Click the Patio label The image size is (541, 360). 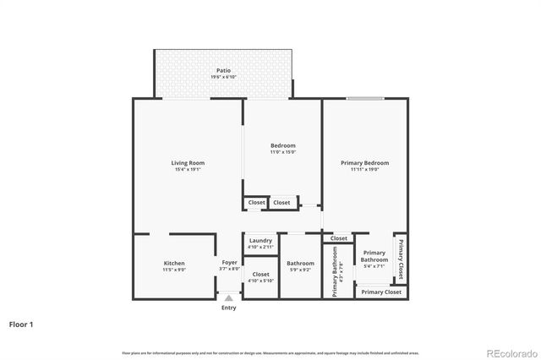pyautogui.click(x=223, y=70)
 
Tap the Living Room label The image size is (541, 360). pyautogui.click(x=188, y=163)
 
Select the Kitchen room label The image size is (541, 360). pyautogui.click(x=174, y=264)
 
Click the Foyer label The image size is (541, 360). pyautogui.click(x=229, y=263)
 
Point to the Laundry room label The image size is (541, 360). pyautogui.click(x=260, y=241)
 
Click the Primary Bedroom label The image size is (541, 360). pyautogui.click(x=364, y=162)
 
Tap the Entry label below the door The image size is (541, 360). pyautogui.click(x=229, y=308)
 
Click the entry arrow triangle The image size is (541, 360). pyautogui.click(x=229, y=298)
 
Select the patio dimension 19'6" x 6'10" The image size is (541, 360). pyautogui.click(x=223, y=77)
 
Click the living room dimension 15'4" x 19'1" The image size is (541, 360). pyautogui.click(x=188, y=170)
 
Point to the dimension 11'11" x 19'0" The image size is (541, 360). pyautogui.click(x=364, y=169)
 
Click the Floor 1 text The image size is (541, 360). pyautogui.click(x=21, y=324)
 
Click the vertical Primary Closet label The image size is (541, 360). pyautogui.click(x=400, y=260)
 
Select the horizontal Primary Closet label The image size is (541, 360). pyautogui.click(x=381, y=292)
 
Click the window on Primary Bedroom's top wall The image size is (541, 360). pyautogui.click(x=359, y=99)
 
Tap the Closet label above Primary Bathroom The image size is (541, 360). pyautogui.click(x=338, y=238)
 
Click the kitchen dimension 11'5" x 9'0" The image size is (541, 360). pyautogui.click(x=174, y=270)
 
